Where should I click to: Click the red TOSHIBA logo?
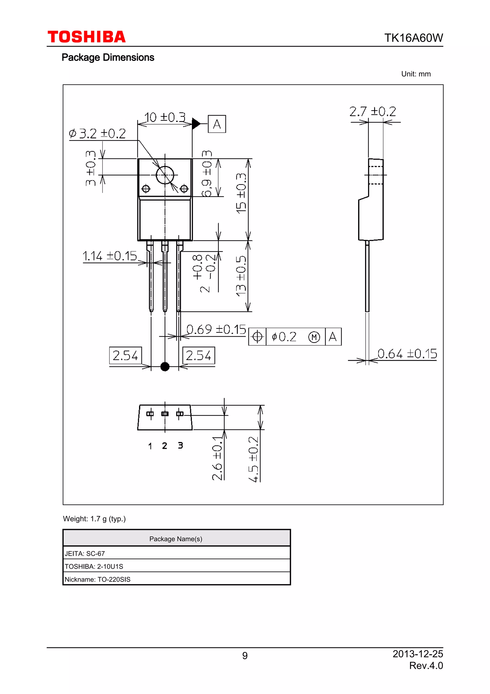click(x=86, y=37)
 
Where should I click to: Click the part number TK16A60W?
click(x=413, y=38)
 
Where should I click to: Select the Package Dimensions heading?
click(x=108, y=57)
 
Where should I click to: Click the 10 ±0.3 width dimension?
click(x=165, y=117)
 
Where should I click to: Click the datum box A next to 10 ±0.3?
click(x=217, y=124)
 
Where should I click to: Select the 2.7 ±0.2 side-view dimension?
click(x=372, y=112)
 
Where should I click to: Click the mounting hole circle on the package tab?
click(x=165, y=175)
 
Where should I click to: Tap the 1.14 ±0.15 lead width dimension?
click(x=110, y=256)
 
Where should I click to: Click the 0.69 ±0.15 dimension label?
click(x=216, y=330)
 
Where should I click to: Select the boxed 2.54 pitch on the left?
click(x=125, y=355)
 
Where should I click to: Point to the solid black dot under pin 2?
click(x=165, y=367)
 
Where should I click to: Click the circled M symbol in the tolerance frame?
click(x=314, y=337)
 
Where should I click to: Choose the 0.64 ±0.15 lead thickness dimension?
click(x=407, y=354)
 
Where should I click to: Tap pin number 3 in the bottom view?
click(x=180, y=445)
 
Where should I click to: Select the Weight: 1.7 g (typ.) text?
click(x=94, y=519)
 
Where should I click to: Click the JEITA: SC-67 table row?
click(x=176, y=553)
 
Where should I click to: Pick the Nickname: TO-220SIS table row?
click(x=176, y=579)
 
